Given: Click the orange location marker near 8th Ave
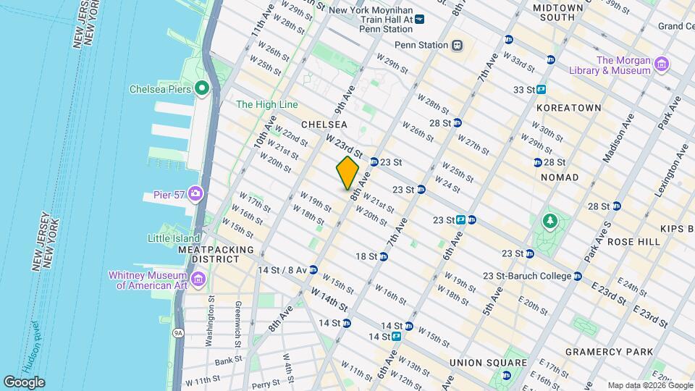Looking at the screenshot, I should click(347, 173).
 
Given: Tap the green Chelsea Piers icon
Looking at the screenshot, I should click(201, 89).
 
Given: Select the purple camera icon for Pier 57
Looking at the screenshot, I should click(195, 193).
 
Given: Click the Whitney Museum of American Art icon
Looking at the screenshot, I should click(198, 279).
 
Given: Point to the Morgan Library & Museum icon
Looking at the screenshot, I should click(661, 66).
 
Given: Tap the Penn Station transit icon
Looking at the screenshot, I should click(457, 45).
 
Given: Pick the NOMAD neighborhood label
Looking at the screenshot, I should click(560, 177).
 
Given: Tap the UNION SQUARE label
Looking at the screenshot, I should click(488, 362).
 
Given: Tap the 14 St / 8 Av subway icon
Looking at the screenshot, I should click(313, 270).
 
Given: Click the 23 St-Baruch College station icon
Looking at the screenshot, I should click(577, 276).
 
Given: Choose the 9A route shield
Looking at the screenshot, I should click(179, 334).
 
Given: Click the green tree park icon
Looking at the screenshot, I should click(550, 220).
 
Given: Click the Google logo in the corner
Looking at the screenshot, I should click(23, 382).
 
